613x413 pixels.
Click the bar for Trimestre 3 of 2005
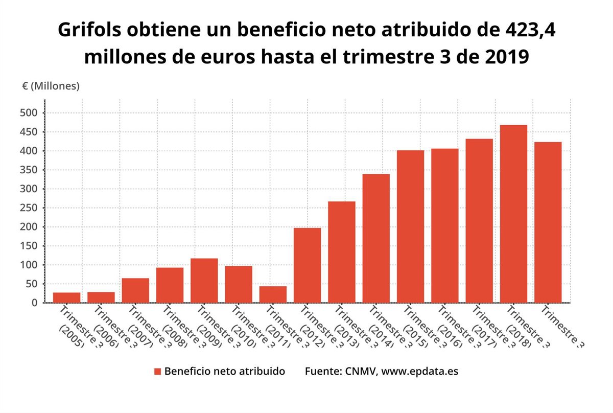(66, 297)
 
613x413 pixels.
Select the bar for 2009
(204, 281)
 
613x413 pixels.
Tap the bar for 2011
(273, 294)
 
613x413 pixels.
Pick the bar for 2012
(307, 265)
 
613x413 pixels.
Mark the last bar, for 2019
(548, 222)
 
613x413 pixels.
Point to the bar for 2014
(376, 238)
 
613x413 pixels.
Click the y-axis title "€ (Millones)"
(51, 86)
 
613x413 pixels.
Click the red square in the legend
(157, 372)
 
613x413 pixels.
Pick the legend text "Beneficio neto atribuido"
(224, 372)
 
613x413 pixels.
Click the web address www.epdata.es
(419, 372)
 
